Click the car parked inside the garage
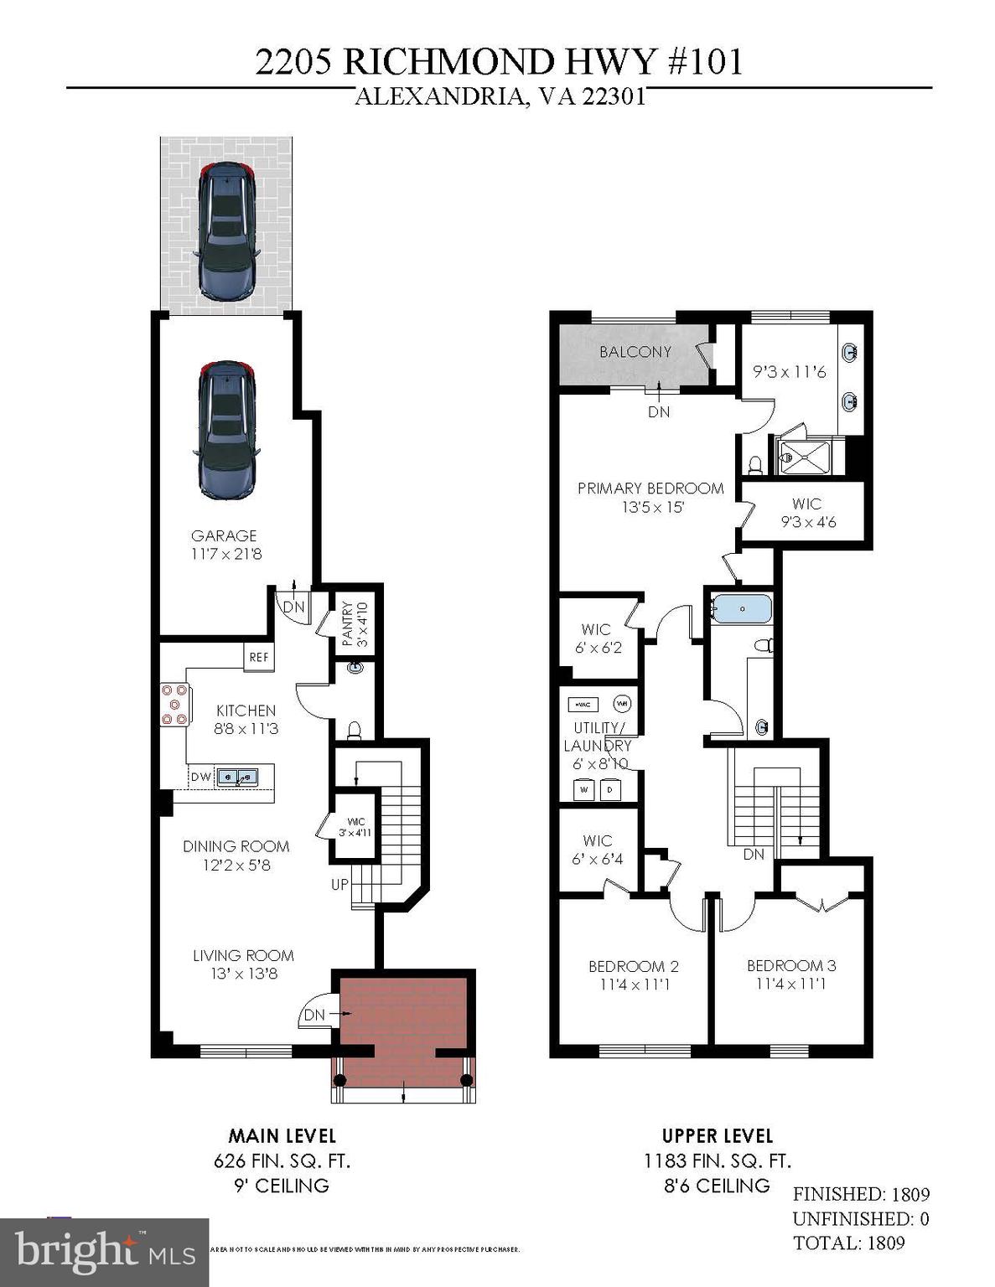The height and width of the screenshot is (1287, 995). pos(225,430)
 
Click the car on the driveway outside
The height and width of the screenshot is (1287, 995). pos(225,230)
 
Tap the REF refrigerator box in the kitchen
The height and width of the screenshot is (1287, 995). pos(259,658)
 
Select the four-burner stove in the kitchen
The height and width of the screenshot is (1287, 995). pos(175,704)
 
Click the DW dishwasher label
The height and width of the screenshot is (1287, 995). pos(201,778)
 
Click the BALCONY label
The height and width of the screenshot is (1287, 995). pos(635,352)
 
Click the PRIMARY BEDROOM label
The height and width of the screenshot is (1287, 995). pos(650,488)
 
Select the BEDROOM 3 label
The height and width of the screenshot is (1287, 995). pos(791,966)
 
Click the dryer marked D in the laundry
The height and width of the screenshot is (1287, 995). pos(610,789)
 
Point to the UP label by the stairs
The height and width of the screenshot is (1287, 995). pos(339,883)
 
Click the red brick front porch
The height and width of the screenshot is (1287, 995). pos(404,1026)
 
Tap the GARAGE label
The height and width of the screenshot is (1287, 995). pos(224,535)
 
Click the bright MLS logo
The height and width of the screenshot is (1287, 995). pos(104,1251)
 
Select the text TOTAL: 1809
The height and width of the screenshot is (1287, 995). pos(848,1243)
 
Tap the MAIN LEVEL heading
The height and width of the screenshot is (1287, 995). pos(282,1136)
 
